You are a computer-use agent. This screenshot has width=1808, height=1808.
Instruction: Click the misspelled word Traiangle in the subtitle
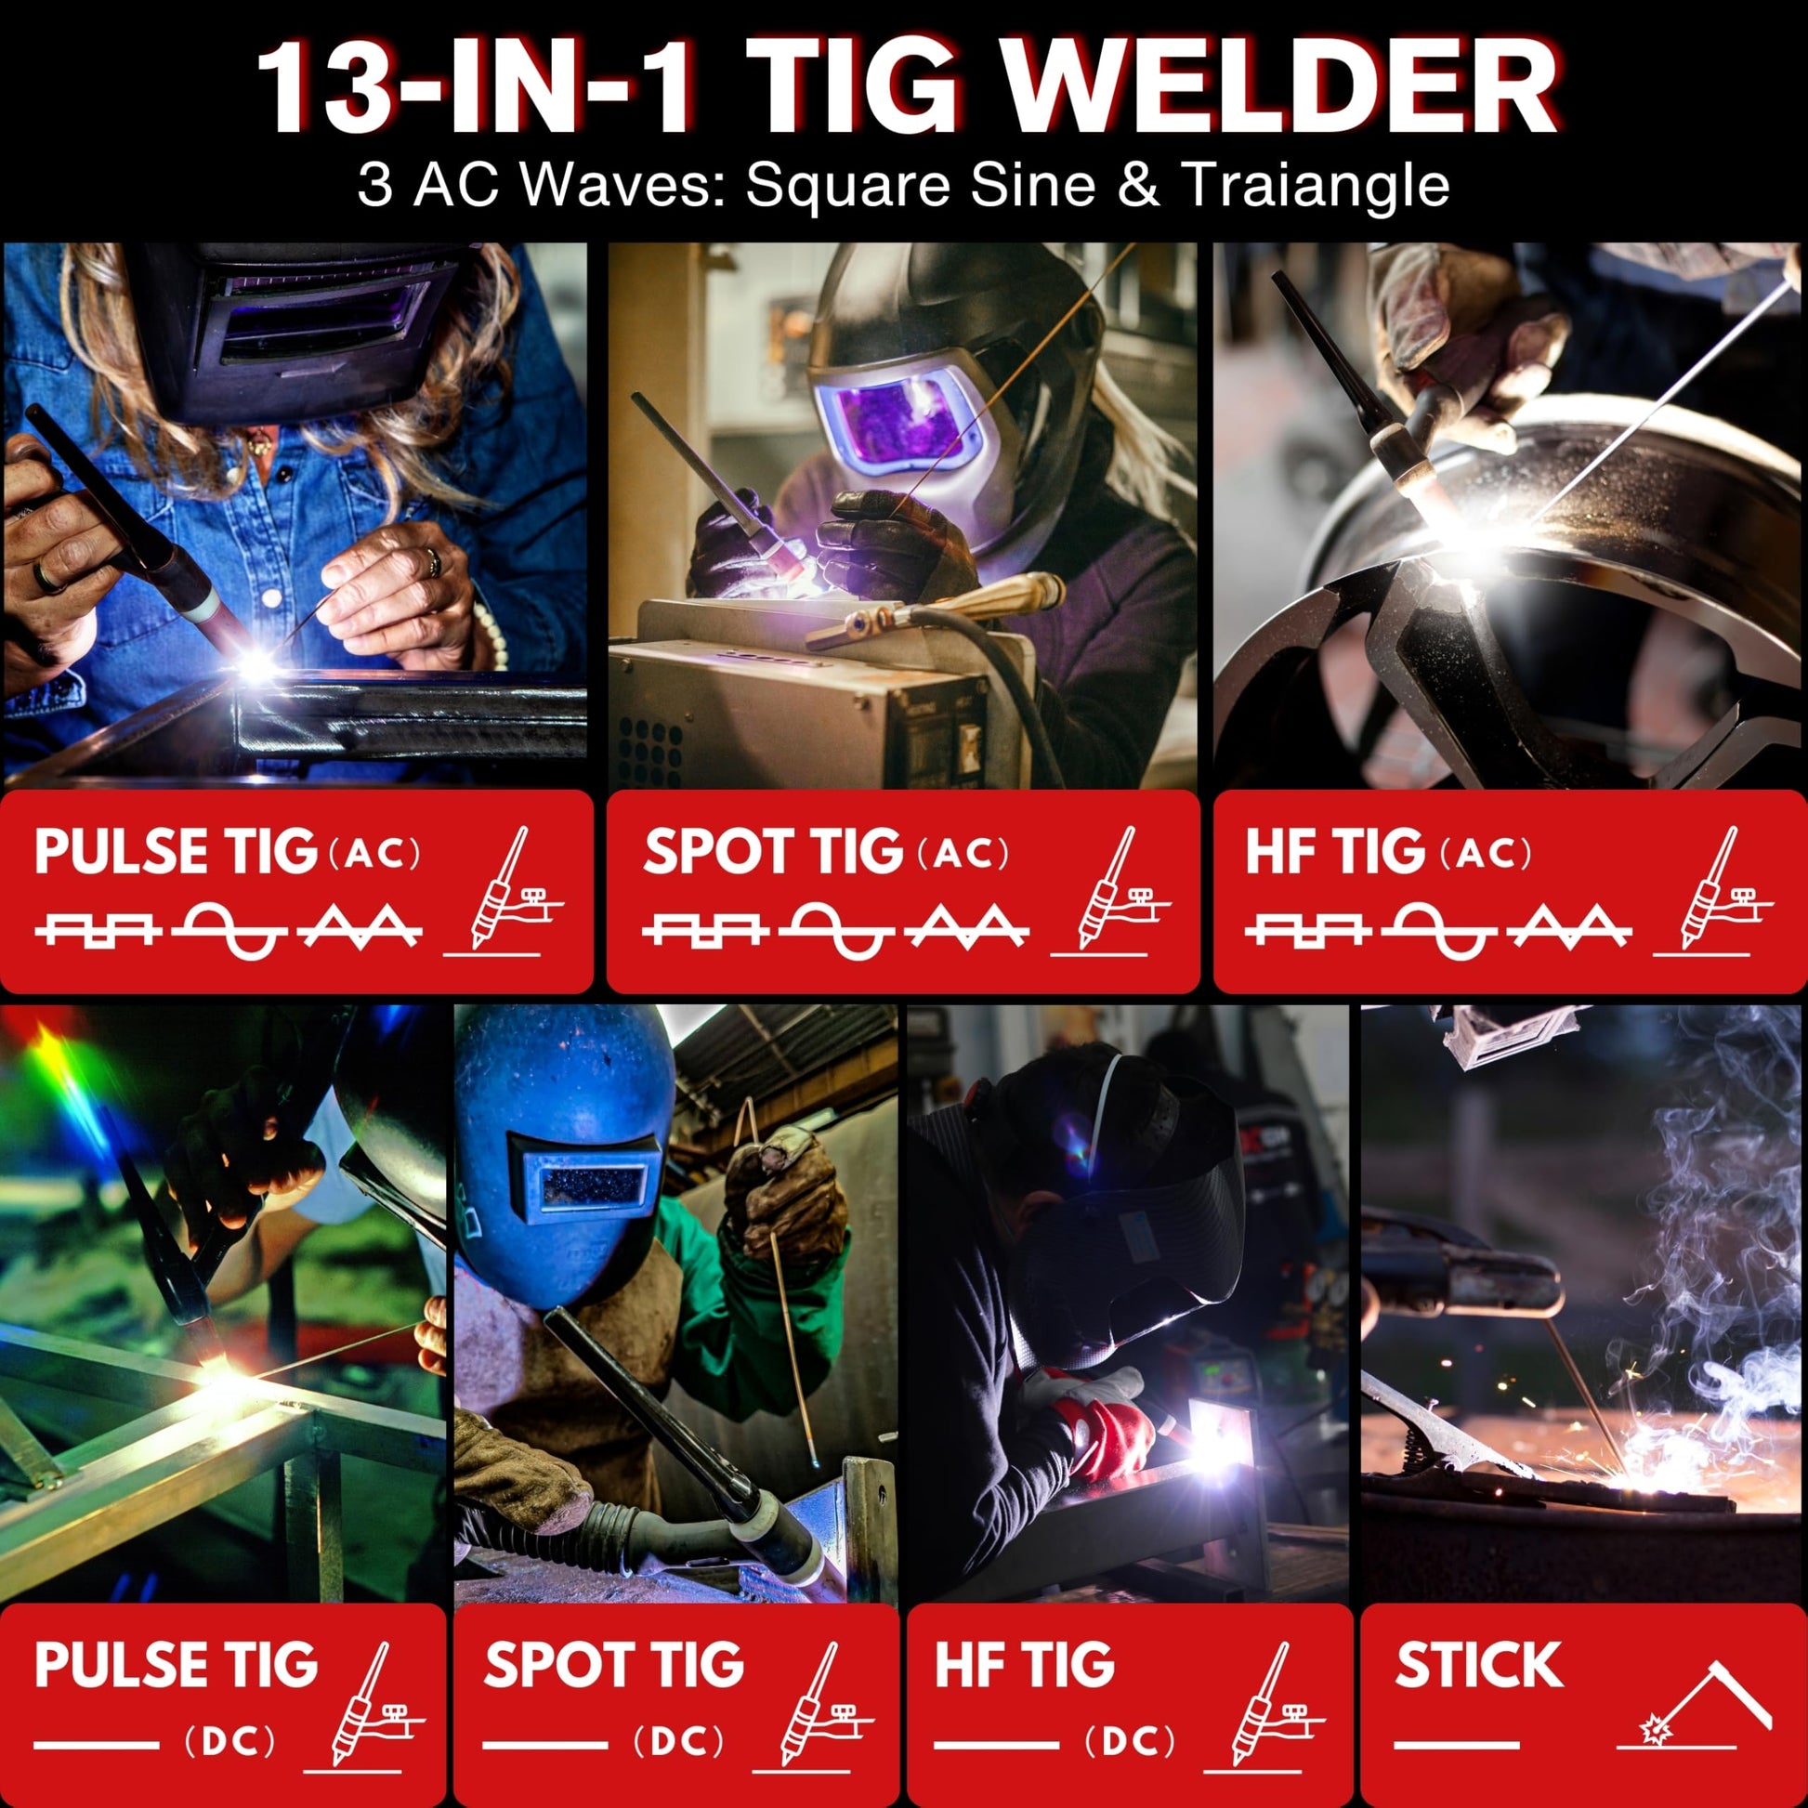pos(1317,184)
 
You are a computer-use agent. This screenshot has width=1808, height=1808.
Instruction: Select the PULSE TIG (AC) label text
pos(228,852)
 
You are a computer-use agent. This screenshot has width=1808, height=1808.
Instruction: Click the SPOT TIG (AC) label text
pos(826,852)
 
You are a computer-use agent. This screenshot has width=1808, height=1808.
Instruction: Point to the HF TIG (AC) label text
pos(1388,852)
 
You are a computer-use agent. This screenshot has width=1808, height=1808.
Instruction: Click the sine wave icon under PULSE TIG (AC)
pos(235,930)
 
